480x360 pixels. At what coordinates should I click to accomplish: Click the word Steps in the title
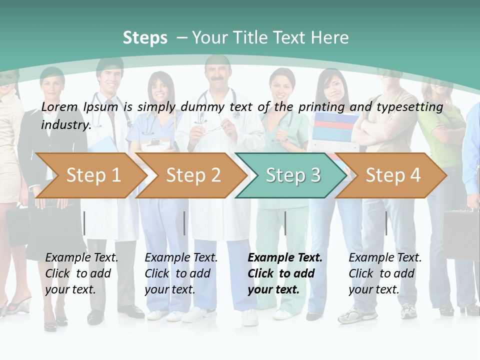tap(145, 38)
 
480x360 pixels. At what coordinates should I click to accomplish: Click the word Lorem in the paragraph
tap(59, 106)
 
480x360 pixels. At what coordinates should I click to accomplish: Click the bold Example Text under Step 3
tap(285, 258)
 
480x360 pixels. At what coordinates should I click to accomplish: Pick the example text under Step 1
tap(81, 273)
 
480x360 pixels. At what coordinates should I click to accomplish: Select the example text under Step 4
tap(385, 273)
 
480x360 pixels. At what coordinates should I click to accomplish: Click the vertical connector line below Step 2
tap(184, 223)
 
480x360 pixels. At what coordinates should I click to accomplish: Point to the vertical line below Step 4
tap(386, 223)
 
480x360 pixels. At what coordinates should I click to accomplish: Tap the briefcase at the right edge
tap(461, 230)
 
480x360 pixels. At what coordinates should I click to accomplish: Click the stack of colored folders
tap(335, 125)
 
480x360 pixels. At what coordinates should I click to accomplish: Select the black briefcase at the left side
tap(20, 225)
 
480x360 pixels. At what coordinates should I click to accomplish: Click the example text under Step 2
tap(181, 273)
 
